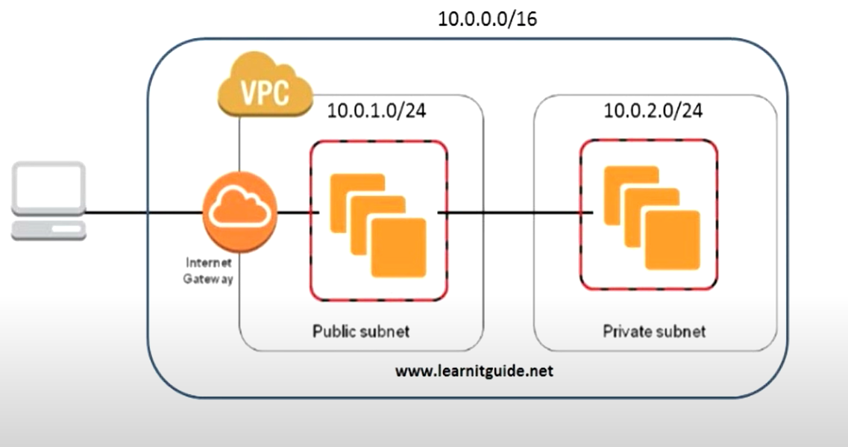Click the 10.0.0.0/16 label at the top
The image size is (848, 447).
(x=487, y=19)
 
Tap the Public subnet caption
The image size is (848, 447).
(x=361, y=331)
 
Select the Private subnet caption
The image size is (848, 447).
(x=653, y=331)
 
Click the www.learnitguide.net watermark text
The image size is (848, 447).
(x=474, y=371)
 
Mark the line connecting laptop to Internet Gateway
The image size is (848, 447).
(x=142, y=214)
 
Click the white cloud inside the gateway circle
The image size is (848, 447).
(x=239, y=207)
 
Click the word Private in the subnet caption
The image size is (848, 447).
(x=624, y=331)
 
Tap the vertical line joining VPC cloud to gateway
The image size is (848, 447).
(x=239, y=146)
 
